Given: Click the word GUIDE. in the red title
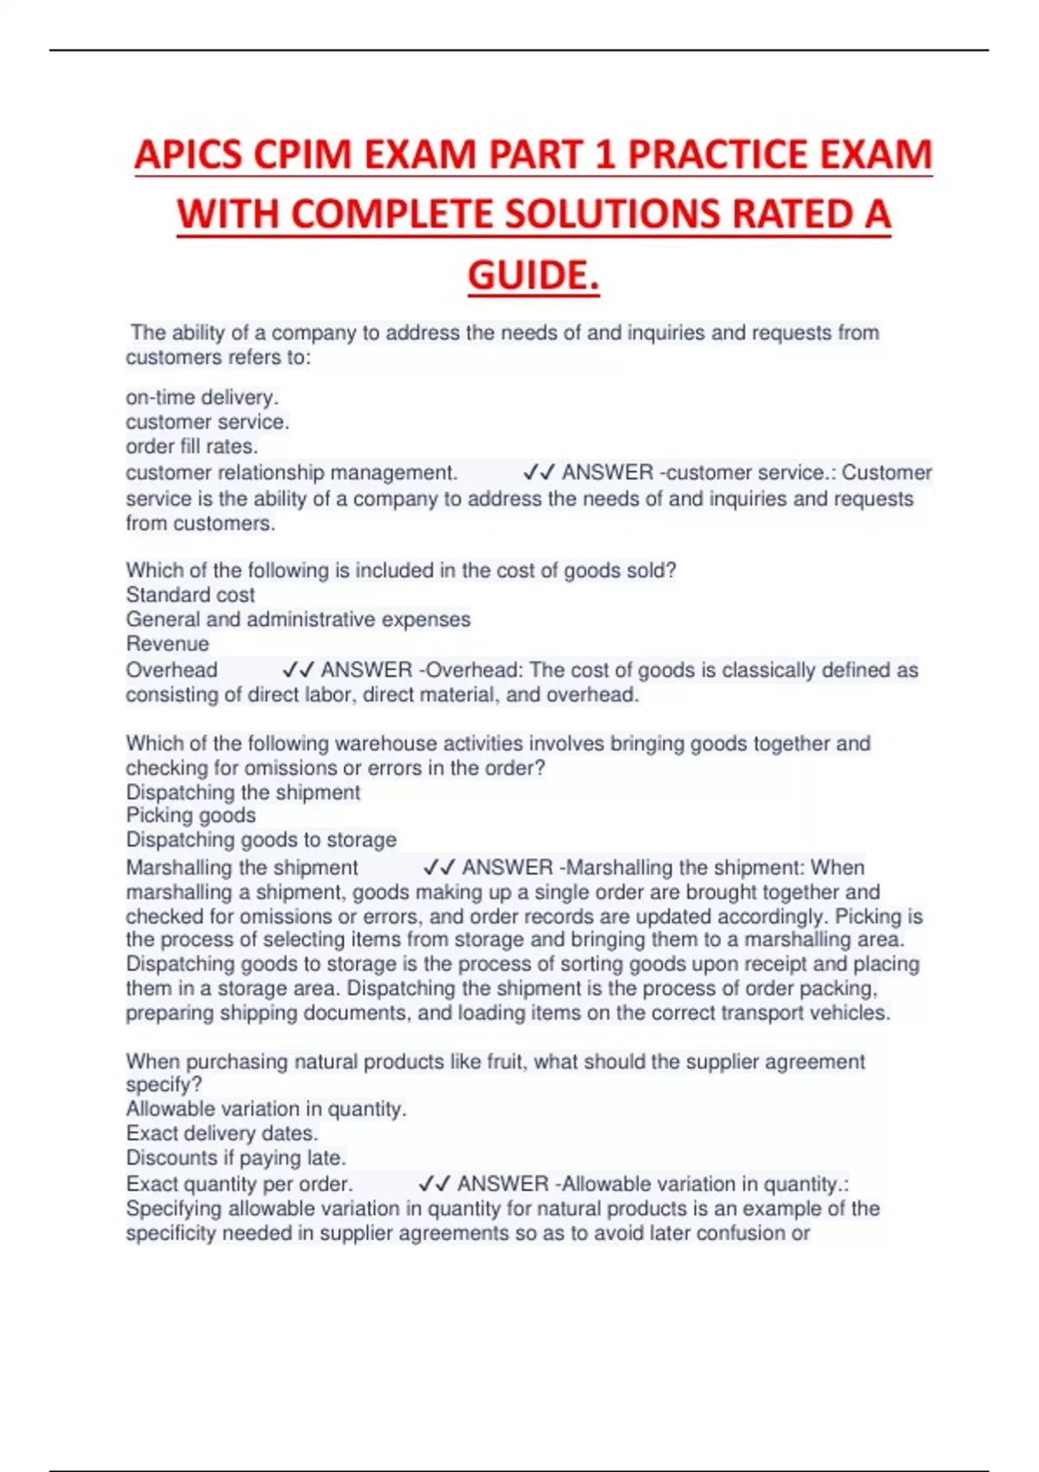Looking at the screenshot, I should [533, 275].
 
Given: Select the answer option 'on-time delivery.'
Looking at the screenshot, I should [202, 397].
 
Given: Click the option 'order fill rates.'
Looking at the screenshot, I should [191, 447].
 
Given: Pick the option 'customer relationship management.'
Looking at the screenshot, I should [291, 473].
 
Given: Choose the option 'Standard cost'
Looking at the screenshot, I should [190, 595].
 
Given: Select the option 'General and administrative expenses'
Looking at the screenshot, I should [298, 619].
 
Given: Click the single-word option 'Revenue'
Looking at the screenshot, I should [167, 643].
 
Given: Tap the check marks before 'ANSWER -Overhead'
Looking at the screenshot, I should [298, 670].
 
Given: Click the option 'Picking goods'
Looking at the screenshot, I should [190, 815].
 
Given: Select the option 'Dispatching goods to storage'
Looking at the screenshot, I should [261, 840].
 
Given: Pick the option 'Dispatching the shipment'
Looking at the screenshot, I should [242, 792].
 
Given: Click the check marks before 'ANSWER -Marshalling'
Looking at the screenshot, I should [439, 868].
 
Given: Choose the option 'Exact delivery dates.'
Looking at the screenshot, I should [222, 1133].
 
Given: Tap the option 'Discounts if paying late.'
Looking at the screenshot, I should [236, 1158].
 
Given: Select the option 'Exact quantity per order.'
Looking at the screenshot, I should [239, 1184].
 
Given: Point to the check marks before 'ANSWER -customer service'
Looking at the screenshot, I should [539, 473].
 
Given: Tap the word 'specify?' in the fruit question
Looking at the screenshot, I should [164, 1085].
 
